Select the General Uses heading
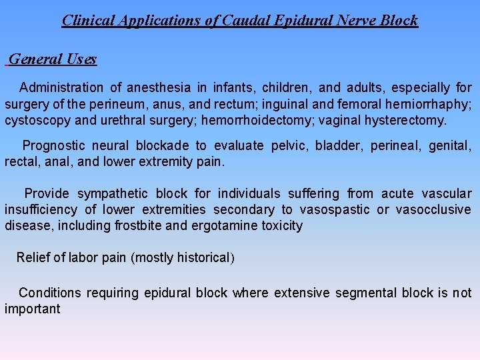53,59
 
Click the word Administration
61,87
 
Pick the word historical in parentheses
203,257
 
